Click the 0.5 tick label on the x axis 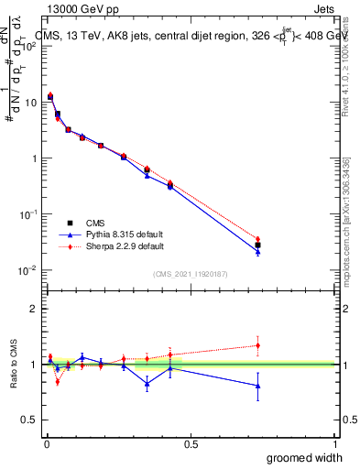coord(191,443)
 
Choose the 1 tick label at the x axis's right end coord(334,443)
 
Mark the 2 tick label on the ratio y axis coord(33,310)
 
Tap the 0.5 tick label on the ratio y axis coord(29,420)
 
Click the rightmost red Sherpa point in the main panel coord(257,239)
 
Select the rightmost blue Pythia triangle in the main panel coord(257,251)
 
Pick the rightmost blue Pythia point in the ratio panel coord(257,386)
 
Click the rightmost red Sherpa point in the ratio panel coord(257,345)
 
